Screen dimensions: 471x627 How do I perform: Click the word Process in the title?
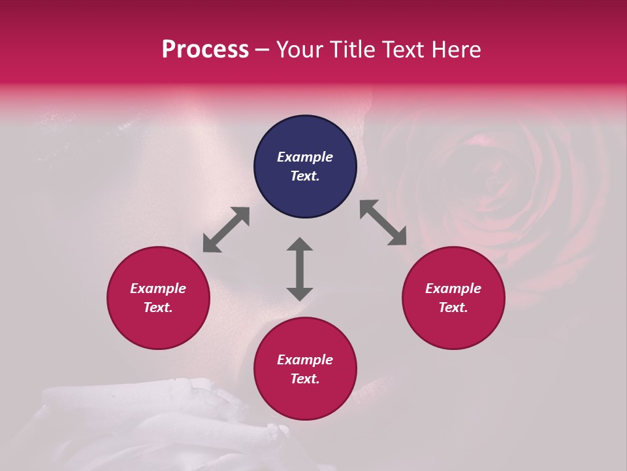click(x=205, y=50)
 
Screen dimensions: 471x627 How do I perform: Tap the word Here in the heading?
click(x=456, y=50)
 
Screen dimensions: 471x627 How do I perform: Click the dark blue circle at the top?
click(x=305, y=167)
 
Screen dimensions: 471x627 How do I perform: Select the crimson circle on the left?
click(x=158, y=298)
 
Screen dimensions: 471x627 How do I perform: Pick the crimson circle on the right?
click(x=453, y=298)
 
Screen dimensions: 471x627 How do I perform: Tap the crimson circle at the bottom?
click(x=305, y=368)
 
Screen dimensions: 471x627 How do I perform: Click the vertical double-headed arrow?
click(x=300, y=269)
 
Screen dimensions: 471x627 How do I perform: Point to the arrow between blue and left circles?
click(x=226, y=230)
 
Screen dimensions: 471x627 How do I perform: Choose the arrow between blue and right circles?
click(x=383, y=223)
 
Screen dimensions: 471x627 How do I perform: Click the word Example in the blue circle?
click(x=305, y=157)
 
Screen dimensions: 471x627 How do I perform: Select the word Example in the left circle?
click(x=158, y=288)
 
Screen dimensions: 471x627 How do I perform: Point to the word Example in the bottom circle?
click(x=305, y=360)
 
